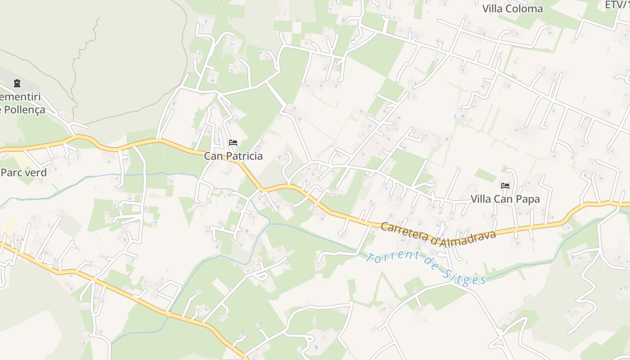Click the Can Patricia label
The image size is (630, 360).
pyautogui.click(x=233, y=156)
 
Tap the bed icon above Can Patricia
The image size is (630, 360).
pyautogui.click(x=233, y=143)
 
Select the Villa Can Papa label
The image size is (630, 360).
pyautogui.click(x=505, y=199)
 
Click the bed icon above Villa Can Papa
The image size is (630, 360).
pyautogui.click(x=505, y=185)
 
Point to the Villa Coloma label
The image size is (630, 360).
pyautogui.click(x=513, y=9)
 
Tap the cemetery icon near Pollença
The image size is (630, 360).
pyautogui.click(x=17, y=83)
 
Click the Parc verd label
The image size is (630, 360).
pyautogui.click(x=24, y=172)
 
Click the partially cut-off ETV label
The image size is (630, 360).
pyautogui.click(x=617, y=5)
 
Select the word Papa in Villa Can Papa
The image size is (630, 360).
pyautogui.click(x=527, y=199)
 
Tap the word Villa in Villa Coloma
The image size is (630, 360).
pyautogui.click(x=493, y=9)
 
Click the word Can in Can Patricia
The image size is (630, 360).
pyautogui.click(x=213, y=156)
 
